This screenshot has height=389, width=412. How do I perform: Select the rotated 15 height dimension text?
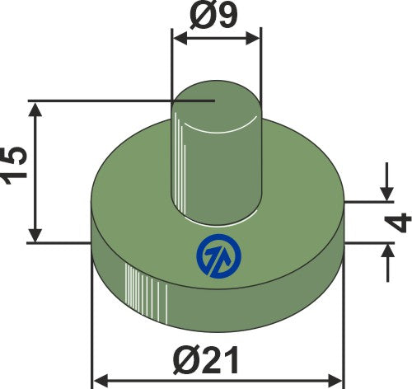point(17,170)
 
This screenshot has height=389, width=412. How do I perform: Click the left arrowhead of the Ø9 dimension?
point(176,36)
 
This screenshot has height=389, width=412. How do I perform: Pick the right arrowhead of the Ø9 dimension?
point(255,36)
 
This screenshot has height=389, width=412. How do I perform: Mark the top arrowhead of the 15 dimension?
point(34,109)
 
